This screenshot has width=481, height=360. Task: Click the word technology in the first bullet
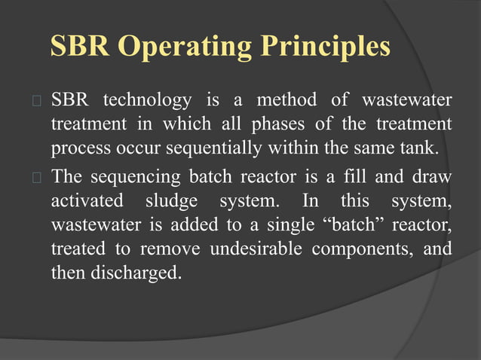pyautogui.click(x=146, y=100)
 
